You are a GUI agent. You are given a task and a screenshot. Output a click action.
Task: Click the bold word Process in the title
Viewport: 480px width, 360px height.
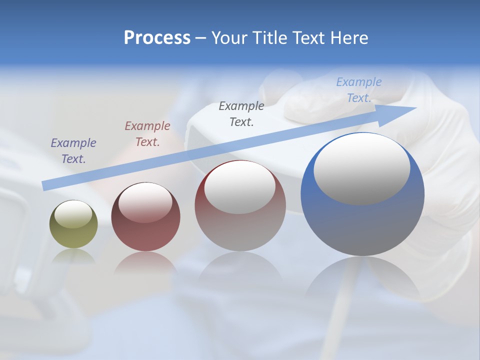click(157, 38)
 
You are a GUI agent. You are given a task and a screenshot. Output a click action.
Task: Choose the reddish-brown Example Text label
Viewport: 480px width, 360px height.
click(147, 134)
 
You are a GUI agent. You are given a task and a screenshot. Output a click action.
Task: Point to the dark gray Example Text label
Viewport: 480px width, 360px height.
click(241, 113)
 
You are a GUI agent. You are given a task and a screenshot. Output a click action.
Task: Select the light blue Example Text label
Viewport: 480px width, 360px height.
click(359, 90)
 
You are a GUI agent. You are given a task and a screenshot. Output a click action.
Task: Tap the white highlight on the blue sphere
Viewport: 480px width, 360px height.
click(361, 169)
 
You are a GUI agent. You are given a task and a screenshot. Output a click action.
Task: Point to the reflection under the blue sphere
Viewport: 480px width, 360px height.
click(362, 280)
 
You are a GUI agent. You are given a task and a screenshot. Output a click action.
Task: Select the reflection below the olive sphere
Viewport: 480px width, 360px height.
click(73, 256)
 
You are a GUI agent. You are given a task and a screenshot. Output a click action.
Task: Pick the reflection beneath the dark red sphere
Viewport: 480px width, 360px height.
click(145, 262)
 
